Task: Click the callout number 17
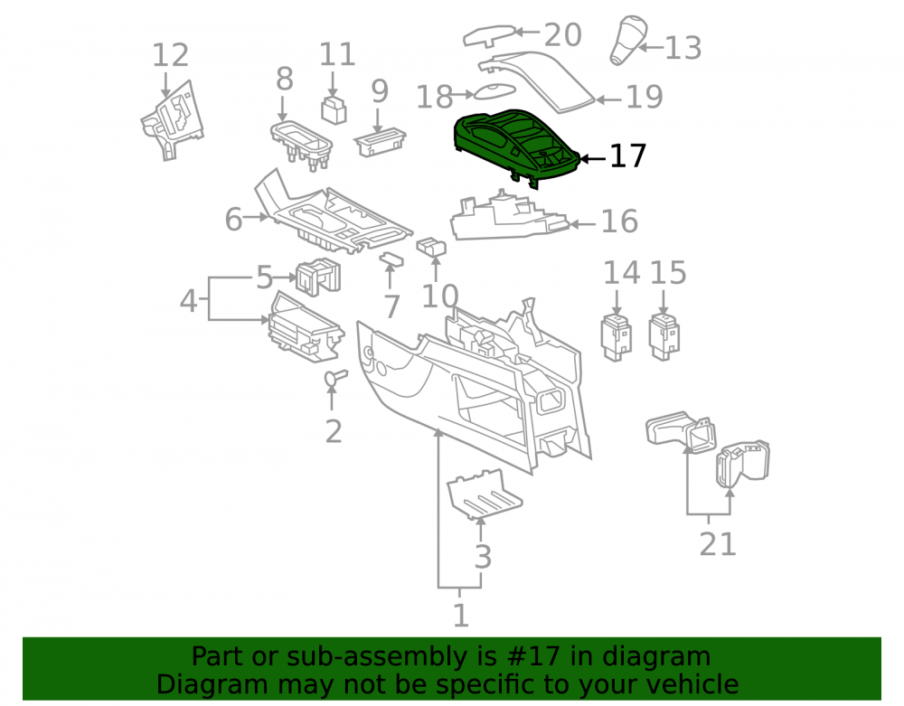click(628, 155)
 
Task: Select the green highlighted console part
click(516, 146)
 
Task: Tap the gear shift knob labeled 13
click(628, 40)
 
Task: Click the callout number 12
click(170, 55)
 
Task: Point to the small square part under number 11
click(334, 110)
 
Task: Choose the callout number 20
click(562, 35)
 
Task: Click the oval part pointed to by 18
click(494, 93)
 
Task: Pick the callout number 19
click(645, 97)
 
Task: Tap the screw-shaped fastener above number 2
click(335, 377)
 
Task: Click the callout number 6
click(233, 219)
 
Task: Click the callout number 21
click(718, 544)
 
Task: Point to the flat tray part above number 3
click(485, 494)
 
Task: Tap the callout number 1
click(460, 616)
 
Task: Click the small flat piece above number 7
click(391, 260)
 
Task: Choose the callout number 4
click(189, 301)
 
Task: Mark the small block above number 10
click(431, 247)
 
